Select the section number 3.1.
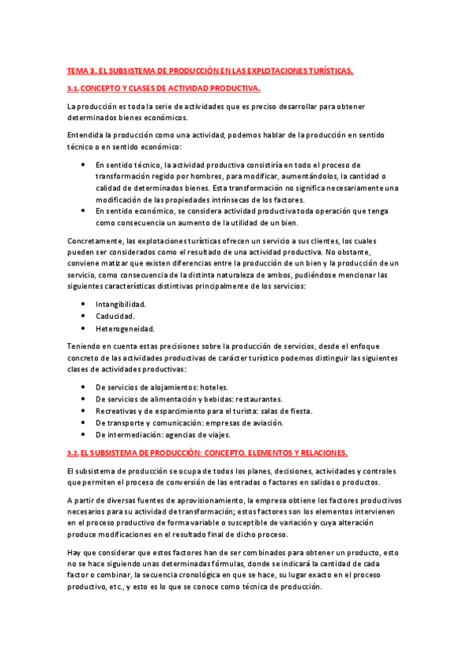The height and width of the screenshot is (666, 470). [x=73, y=89]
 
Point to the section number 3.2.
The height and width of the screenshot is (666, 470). [x=73, y=453]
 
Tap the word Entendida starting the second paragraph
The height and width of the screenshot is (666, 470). [x=85, y=135]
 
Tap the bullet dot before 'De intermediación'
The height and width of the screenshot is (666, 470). [x=84, y=434]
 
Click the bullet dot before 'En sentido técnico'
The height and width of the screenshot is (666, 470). [x=84, y=165]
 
